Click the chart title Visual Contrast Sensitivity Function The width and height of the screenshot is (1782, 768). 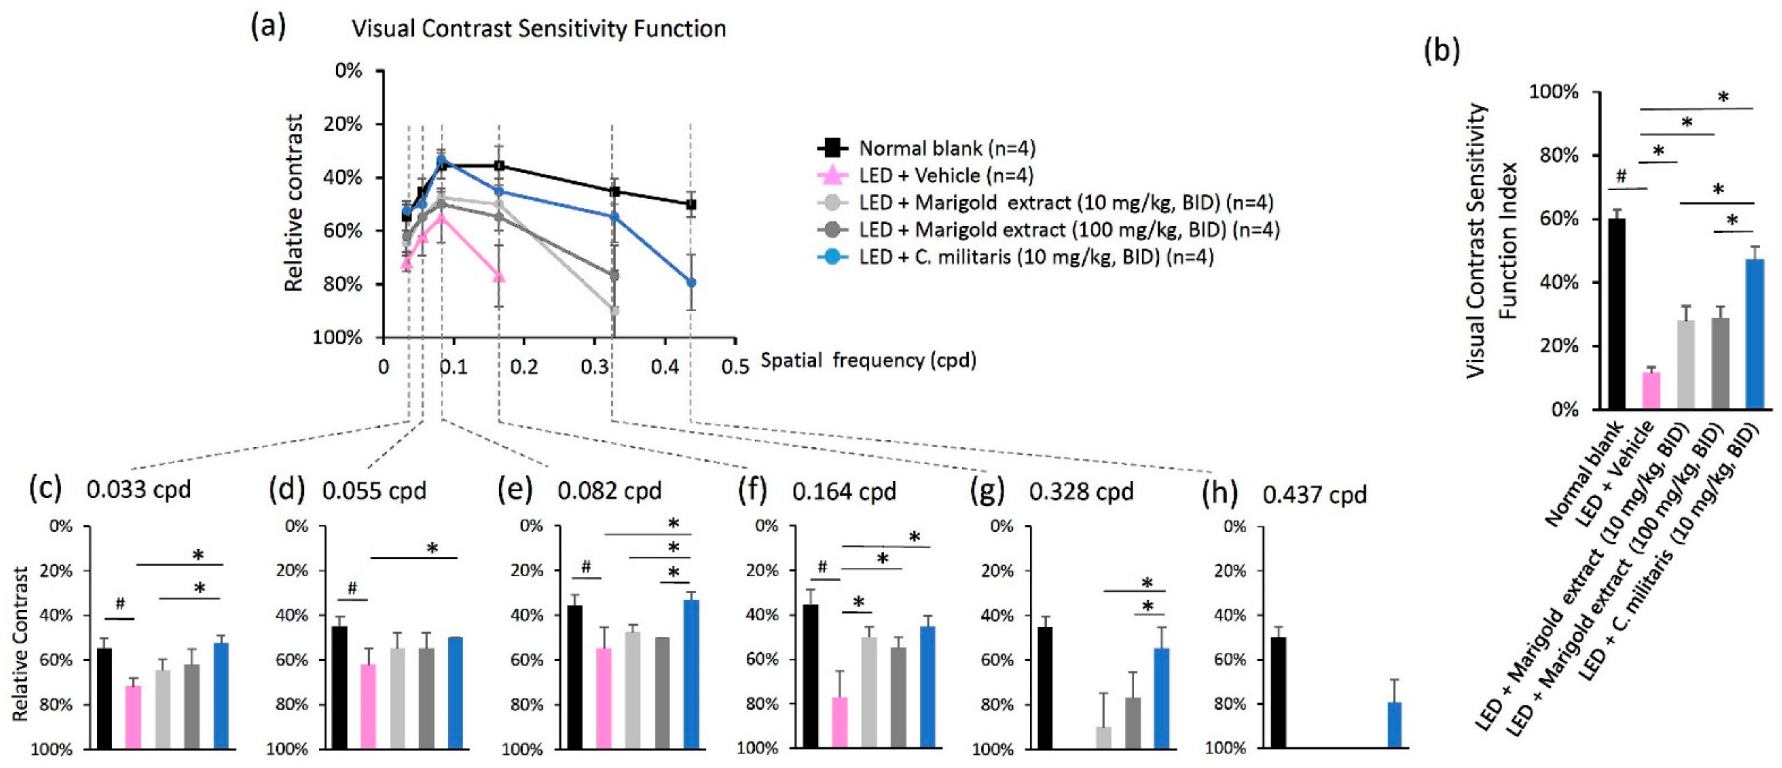[539, 29]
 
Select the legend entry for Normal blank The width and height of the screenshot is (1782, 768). [925, 148]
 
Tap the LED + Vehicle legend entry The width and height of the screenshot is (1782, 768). [925, 175]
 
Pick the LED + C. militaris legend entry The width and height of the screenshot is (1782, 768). [1015, 257]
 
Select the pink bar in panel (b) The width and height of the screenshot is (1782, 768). [1651, 391]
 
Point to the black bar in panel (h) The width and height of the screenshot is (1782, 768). [1278, 692]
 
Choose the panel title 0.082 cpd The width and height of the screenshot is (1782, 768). [609, 491]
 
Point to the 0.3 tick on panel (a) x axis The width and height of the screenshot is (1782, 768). [594, 366]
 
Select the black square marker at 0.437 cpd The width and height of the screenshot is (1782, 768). [690, 204]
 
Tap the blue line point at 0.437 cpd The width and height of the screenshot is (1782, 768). [690, 282]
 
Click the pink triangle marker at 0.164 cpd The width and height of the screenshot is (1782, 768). [499, 277]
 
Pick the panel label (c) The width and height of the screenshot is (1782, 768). [45, 488]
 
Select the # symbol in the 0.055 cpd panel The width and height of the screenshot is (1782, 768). [352, 588]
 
